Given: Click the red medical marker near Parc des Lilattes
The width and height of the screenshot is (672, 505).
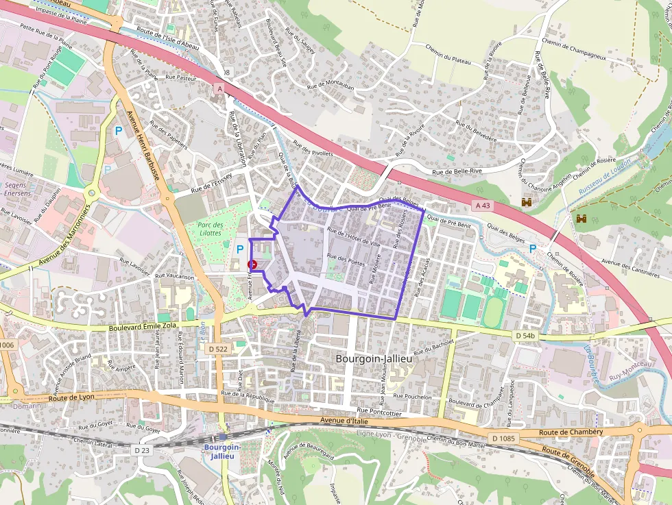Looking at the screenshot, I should click(x=252, y=264).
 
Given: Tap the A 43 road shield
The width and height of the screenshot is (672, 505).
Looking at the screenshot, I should click(x=483, y=206).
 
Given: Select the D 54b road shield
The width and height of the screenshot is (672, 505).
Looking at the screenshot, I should click(x=525, y=335).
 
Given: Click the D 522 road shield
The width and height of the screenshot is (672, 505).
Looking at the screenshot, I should click(x=217, y=349).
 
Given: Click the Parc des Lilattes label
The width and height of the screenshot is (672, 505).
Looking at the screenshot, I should click(x=209, y=229).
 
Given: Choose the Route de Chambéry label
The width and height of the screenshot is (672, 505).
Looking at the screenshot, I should click(x=571, y=432).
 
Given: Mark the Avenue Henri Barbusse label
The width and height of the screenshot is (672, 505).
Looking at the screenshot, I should click(x=143, y=145).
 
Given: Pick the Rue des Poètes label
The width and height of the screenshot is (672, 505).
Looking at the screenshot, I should click(x=346, y=261).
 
